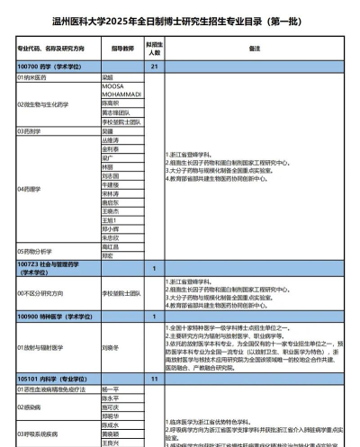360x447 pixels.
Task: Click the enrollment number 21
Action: (155, 67)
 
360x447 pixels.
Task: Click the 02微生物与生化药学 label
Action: (46, 103)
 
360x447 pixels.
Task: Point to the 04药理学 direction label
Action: (29, 190)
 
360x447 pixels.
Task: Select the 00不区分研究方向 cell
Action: (40, 293)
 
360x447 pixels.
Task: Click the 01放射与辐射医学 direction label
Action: (41, 346)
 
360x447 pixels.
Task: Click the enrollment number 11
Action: (155, 380)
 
